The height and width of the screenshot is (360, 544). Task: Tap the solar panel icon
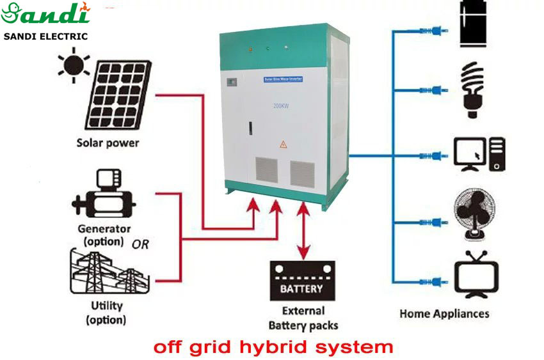118,94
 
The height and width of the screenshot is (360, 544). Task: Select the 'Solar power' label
108,142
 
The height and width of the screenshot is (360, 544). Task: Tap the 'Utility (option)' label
106,313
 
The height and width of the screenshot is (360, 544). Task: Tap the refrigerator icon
475,23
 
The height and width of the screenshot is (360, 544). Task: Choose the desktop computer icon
479,154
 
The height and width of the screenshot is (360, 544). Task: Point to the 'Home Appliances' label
444,313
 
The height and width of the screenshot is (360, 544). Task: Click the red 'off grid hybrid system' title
273,347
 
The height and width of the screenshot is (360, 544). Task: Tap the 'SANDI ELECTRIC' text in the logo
45,36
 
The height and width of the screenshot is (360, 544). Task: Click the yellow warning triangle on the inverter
282,145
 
